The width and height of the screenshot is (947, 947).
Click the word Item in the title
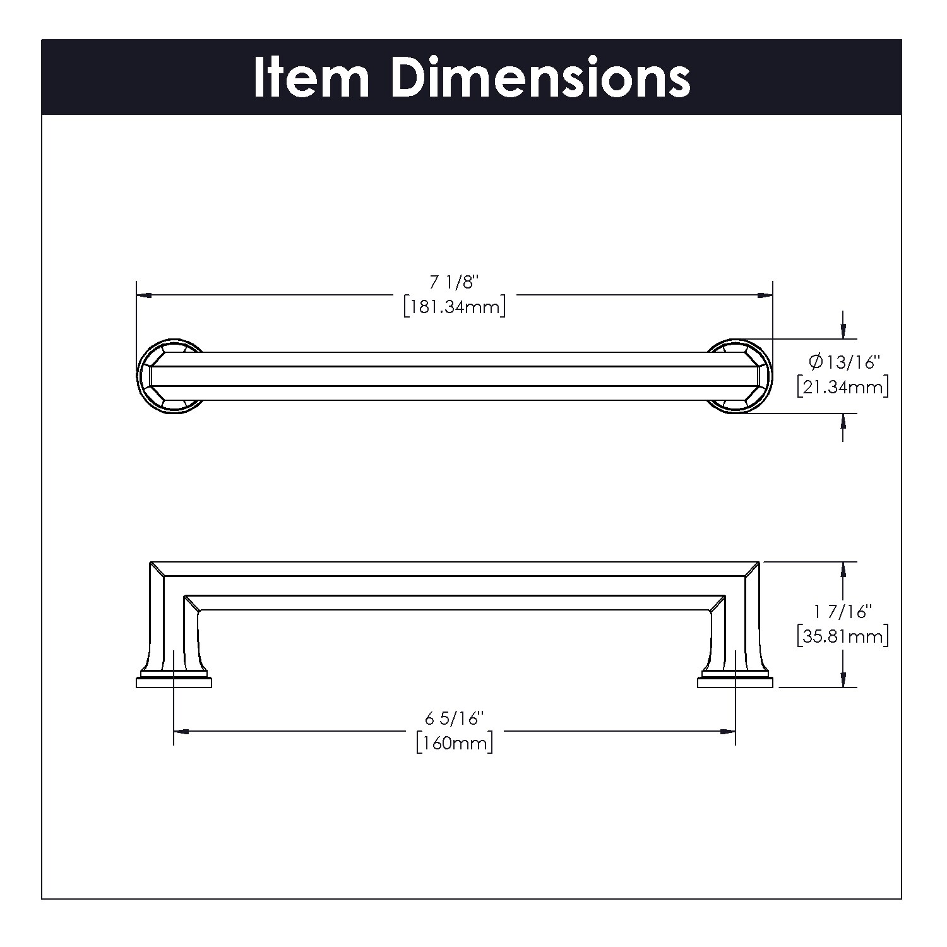tap(311, 78)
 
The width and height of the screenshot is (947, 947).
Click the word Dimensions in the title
tap(540, 78)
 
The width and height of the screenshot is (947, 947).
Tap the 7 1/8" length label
tap(455, 283)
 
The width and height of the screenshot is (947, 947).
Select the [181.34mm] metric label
tap(455, 307)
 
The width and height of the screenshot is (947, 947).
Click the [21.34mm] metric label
tap(842, 386)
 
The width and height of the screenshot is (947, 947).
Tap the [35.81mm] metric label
tap(842, 636)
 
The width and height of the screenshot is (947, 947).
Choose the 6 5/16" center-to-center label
tap(455, 718)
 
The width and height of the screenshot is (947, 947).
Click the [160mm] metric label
tap(455, 743)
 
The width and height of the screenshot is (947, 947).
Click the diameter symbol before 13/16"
tap(815, 362)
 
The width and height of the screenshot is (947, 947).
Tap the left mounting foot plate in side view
tap(174, 682)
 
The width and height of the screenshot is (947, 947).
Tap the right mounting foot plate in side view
tap(735, 682)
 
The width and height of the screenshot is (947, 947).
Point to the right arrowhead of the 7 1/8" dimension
tap(766, 295)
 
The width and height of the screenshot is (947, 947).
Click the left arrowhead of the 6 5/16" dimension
tap(181, 731)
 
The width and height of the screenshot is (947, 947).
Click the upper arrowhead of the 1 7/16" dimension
tap(842, 569)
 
